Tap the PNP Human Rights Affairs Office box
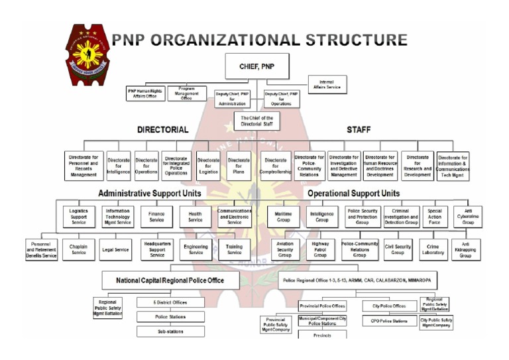tap(144, 93)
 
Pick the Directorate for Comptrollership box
tap(275, 166)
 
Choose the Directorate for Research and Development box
tap(418, 166)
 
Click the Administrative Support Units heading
tap(150, 194)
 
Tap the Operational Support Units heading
tap(353, 194)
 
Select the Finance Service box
tap(157, 216)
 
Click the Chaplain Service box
tap(78, 250)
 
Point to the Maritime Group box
tap(284, 216)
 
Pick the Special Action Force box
tap(434, 216)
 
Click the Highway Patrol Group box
tap(320, 250)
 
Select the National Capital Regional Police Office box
tap(170, 280)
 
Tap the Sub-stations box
tap(170, 331)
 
